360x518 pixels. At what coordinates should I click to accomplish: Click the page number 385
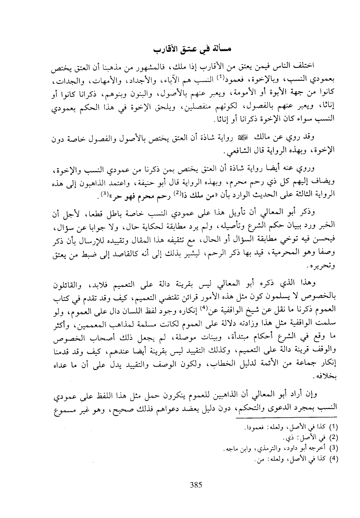coord(196,485)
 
